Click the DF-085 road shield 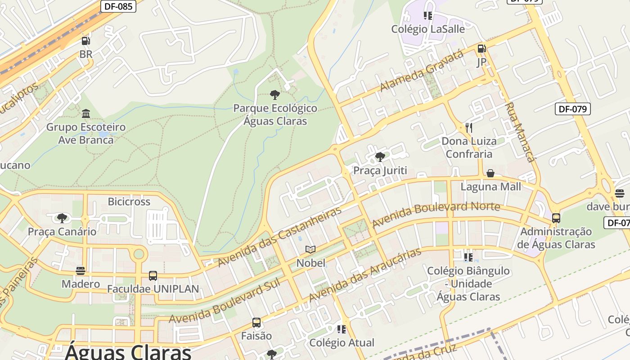(x=118, y=6)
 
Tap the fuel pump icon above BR (x=85, y=41)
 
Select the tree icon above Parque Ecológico (x=275, y=94)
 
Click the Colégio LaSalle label (x=428, y=29)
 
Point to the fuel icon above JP (x=481, y=48)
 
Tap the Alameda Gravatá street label (x=422, y=71)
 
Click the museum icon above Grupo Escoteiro (x=86, y=113)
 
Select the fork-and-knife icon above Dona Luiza (x=468, y=127)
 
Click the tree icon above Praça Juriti (x=380, y=157)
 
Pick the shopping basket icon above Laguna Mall (x=490, y=173)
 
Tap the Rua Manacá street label (x=519, y=132)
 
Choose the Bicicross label (x=129, y=201)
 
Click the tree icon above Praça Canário (x=62, y=218)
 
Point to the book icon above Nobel (x=310, y=249)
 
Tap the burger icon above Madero (x=81, y=270)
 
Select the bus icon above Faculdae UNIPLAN (x=153, y=275)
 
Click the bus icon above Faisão (x=256, y=322)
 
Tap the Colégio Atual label (x=342, y=342)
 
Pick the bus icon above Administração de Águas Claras (x=556, y=218)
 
